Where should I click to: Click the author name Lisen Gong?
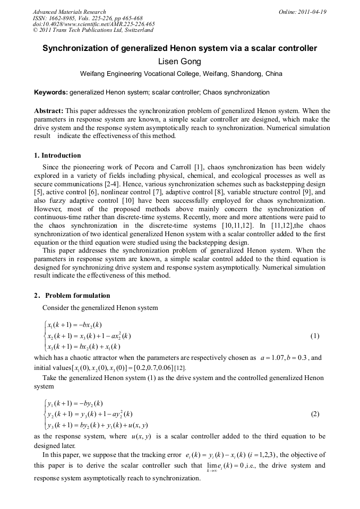[x=179, y=62]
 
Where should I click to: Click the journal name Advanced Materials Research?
[x=69, y=12]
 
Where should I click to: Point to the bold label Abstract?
[x=49, y=111]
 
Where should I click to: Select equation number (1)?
[x=315, y=336]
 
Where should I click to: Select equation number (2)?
[x=315, y=414]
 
